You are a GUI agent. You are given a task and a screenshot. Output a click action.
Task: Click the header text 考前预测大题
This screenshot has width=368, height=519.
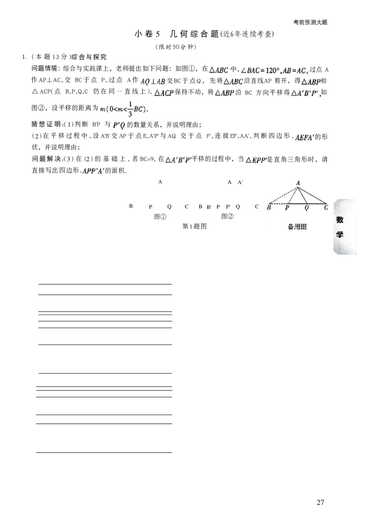coord(310,22)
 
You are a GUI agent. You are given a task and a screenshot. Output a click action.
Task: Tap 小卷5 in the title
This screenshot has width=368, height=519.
coord(147,34)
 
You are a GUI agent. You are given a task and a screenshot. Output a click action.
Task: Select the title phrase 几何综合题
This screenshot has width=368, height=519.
coord(194,34)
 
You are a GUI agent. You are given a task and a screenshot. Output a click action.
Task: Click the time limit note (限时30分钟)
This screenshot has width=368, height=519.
coord(176,47)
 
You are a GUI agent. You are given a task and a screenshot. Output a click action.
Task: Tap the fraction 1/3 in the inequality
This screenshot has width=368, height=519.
coord(130,109)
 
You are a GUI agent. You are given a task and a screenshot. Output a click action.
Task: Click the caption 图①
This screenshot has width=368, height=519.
coord(161,216)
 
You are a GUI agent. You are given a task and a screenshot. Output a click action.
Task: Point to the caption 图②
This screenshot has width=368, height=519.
coord(227,216)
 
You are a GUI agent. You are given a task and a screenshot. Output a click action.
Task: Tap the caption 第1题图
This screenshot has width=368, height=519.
coord(194,226)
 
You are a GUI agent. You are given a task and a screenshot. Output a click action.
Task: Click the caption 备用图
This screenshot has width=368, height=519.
coord(297,227)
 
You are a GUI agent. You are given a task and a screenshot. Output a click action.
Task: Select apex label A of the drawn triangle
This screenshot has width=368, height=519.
coord(298,183)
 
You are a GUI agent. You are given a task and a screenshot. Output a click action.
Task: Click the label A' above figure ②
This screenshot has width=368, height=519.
coord(241,182)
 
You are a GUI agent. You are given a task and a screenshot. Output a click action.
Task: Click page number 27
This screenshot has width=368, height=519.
coord(320,502)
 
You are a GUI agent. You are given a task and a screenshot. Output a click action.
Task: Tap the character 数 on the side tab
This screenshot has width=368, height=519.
coord(340,220)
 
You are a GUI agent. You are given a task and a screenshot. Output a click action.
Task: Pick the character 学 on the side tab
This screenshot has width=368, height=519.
coord(340,234)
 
